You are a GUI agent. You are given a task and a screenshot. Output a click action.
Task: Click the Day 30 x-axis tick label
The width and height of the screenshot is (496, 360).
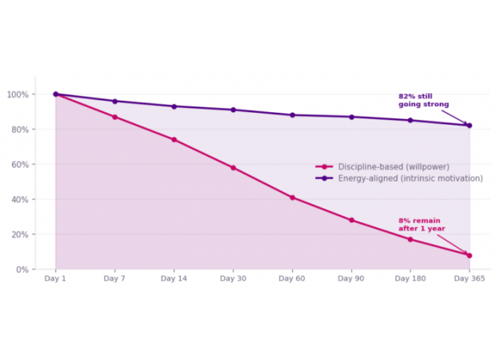click(x=233, y=278)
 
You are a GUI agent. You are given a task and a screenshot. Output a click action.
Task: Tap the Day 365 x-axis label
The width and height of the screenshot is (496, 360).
click(x=470, y=278)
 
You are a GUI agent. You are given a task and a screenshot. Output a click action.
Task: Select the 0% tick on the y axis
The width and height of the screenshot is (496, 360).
click(x=21, y=270)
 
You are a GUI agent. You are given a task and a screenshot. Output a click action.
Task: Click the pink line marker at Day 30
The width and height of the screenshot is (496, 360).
click(x=233, y=168)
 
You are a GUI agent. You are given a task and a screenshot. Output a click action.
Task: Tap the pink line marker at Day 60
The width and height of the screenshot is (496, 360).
click(x=292, y=198)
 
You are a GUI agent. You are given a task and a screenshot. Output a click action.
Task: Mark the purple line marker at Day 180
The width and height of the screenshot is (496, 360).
click(x=410, y=120)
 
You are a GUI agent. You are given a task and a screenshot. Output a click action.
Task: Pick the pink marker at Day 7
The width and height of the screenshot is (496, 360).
click(x=114, y=117)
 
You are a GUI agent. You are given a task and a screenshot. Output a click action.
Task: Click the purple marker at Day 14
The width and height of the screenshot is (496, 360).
click(x=174, y=106)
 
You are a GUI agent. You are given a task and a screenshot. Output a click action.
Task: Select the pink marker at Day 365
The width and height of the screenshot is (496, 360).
click(x=470, y=256)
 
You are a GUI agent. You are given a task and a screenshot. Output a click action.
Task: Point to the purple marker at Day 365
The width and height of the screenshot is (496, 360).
click(x=470, y=126)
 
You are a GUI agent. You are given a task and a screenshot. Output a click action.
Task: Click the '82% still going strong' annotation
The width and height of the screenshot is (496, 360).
click(x=423, y=100)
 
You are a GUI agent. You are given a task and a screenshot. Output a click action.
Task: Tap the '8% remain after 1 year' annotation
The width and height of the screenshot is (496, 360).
click(x=422, y=224)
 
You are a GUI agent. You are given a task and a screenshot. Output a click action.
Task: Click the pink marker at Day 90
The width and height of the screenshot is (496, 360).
click(x=351, y=220)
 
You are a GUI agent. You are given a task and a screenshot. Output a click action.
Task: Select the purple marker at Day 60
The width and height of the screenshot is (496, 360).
click(x=292, y=115)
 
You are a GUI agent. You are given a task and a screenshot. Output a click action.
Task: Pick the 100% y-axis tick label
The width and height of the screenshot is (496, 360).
click(x=17, y=94)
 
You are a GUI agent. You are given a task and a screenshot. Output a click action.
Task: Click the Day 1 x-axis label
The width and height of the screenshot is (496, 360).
click(x=55, y=278)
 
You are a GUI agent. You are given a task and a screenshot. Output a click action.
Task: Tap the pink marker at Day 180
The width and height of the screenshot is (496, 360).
click(x=410, y=239)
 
